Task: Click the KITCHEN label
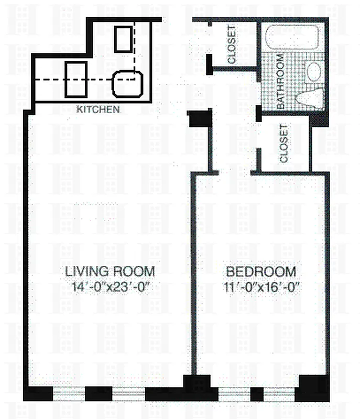tap(99, 110)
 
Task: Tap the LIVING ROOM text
tap(110, 271)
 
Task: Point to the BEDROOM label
tap(260, 272)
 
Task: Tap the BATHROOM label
tap(280, 82)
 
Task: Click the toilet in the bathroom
tap(309, 97)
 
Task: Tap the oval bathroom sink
tap(314, 71)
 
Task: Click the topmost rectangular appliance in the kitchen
tap(123, 39)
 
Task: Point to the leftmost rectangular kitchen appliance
tap(76, 79)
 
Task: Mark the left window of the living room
tap(69, 394)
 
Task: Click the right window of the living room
tap(128, 394)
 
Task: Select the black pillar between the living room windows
tap(99, 393)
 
